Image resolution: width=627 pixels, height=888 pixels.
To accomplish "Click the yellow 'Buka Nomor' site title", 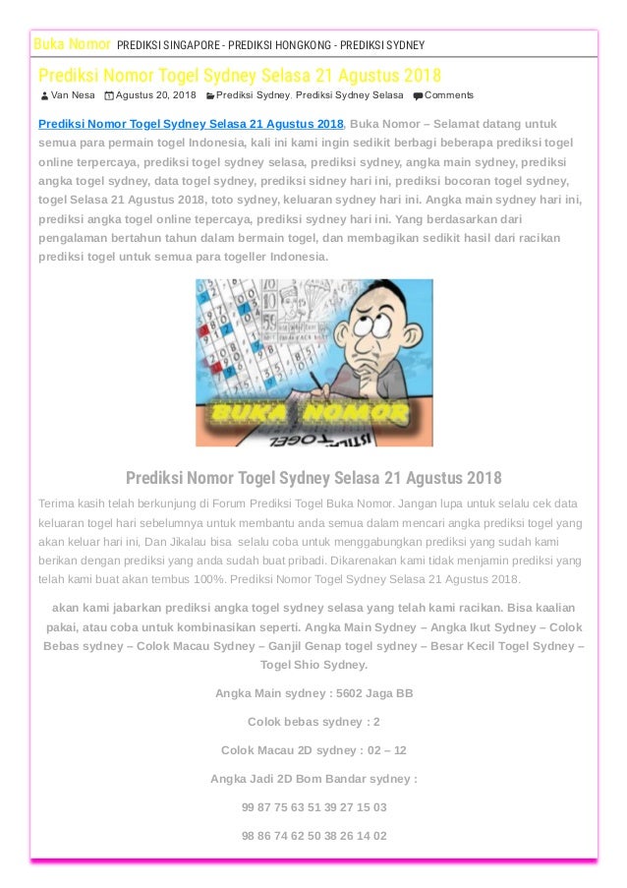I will click(x=72, y=44).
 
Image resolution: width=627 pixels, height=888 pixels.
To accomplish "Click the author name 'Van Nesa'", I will click(x=73, y=95).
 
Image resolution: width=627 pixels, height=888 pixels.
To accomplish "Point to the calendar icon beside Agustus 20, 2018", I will click(x=108, y=95).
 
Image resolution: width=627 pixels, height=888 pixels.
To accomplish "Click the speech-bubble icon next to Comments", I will click(x=419, y=95).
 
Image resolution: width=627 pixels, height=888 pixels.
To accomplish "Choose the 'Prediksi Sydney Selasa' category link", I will click(x=349, y=95).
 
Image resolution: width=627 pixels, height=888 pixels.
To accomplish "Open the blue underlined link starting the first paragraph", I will click(x=191, y=124).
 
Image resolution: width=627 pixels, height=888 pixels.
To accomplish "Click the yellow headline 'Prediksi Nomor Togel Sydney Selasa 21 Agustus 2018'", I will click(x=240, y=75).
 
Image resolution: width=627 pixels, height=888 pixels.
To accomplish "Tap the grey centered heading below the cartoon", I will click(x=313, y=478).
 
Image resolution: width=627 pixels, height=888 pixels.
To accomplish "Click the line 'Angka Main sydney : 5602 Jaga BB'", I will click(x=313, y=693).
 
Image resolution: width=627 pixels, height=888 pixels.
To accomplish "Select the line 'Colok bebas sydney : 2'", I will click(x=313, y=722).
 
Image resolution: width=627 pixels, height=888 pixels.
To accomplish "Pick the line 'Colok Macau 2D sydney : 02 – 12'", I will click(x=313, y=750).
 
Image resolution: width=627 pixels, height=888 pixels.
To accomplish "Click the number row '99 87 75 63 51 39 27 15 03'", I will click(x=313, y=807).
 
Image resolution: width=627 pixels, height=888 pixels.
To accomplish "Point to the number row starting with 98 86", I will click(x=313, y=836).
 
